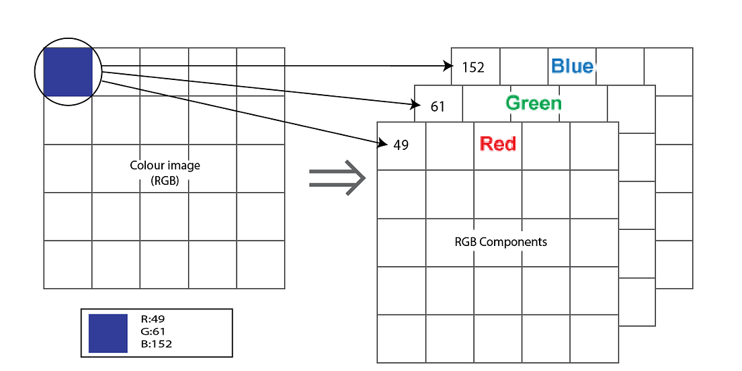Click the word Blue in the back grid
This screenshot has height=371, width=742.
coord(573,66)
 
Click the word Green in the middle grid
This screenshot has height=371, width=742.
coord(534,103)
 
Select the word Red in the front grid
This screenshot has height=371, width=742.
coord(498,144)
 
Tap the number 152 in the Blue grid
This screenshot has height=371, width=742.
coord(473,68)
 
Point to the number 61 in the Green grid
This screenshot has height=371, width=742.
coord(438,107)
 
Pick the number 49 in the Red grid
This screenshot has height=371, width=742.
coord(401,145)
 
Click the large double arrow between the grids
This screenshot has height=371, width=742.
coord(337,178)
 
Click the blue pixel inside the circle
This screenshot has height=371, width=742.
coord(67,71)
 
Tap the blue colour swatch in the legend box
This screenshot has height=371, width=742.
coord(108,333)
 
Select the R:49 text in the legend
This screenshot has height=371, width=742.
coord(153,320)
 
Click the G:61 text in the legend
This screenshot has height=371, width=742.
coord(153,332)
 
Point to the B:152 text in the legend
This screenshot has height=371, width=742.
coord(157,344)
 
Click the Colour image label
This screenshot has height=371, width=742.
coord(165,165)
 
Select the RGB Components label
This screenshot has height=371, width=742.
coord(501,242)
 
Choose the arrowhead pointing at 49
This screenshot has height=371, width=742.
coord(383,143)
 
